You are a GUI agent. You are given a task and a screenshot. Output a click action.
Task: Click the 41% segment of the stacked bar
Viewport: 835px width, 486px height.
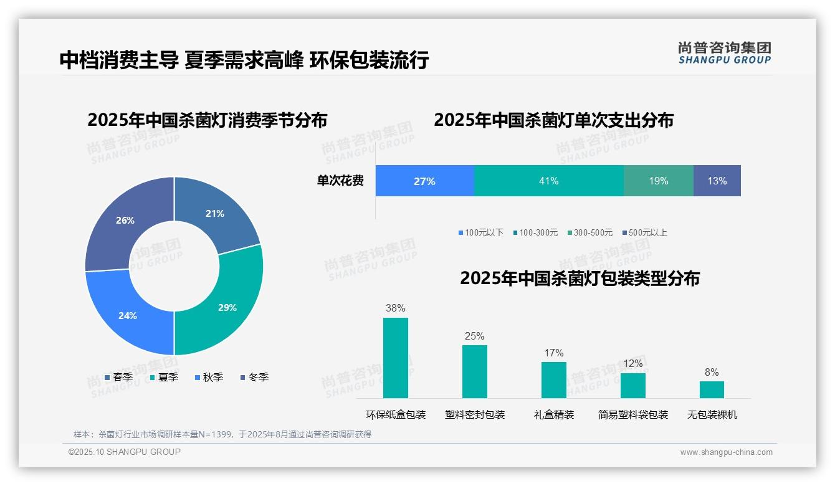pyautogui.click(x=548, y=181)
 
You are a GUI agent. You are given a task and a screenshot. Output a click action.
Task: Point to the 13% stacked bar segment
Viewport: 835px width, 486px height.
pyautogui.click(x=717, y=181)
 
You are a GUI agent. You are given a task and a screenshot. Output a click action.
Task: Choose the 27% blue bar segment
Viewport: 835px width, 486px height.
pyautogui.click(x=424, y=181)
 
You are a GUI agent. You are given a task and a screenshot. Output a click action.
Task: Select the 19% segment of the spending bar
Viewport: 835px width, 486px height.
pyautogui.click(x=658, y=181)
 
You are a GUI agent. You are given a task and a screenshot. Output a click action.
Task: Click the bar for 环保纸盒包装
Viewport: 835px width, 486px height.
pyautogui.click(x=395, y=358)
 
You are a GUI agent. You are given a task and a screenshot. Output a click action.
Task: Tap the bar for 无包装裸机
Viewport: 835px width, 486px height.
pyautogui.click(x=712, y=389)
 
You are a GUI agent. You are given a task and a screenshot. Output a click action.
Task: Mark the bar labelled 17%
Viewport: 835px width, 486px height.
pyautogui.click(x=553, y=379)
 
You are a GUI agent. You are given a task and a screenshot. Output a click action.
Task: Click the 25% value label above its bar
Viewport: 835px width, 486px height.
pyautogui.click(x=474, y=336)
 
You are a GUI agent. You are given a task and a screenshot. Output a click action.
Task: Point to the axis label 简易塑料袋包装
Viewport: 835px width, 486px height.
pyautogui.click(x=632, y=414)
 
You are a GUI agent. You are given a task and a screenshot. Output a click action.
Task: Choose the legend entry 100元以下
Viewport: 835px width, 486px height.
pyautogui.click(x=480, y=232)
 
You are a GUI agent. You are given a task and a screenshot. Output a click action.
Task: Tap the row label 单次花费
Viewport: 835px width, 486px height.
pyautogui.click(x=340, y=181)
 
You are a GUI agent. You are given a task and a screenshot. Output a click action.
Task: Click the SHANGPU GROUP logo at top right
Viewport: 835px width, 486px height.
pyautogui.click(x=724, y=52)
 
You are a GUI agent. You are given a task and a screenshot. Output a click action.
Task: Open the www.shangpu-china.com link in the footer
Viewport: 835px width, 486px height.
pyautogui.click(x=726, y=452)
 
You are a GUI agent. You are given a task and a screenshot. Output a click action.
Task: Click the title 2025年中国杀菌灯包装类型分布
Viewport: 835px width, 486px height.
pyautogui.click(x=580, y=278)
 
